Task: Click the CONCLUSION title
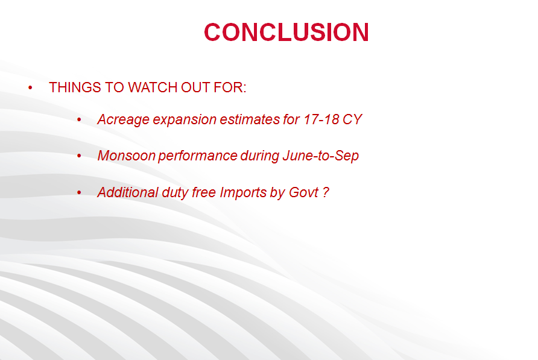pos(286,32)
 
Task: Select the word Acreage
pos(124,120)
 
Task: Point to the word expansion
pos(185,120)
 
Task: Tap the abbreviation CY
pos(352,119)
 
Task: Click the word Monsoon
pos(127,156)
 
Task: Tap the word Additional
pos(128,192)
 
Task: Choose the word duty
pos(175,193)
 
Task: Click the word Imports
pos(243,193)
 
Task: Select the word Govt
pos(303,192)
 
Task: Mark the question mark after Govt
pos(326,192)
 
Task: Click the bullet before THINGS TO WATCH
pos(31,88)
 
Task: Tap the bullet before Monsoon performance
pos(79,156)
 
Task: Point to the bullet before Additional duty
pos(79,193)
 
